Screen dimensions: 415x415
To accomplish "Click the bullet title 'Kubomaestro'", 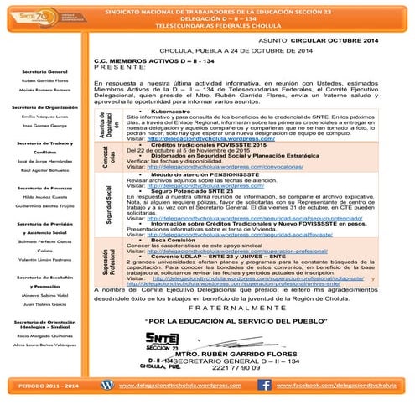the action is coord(174,111).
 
